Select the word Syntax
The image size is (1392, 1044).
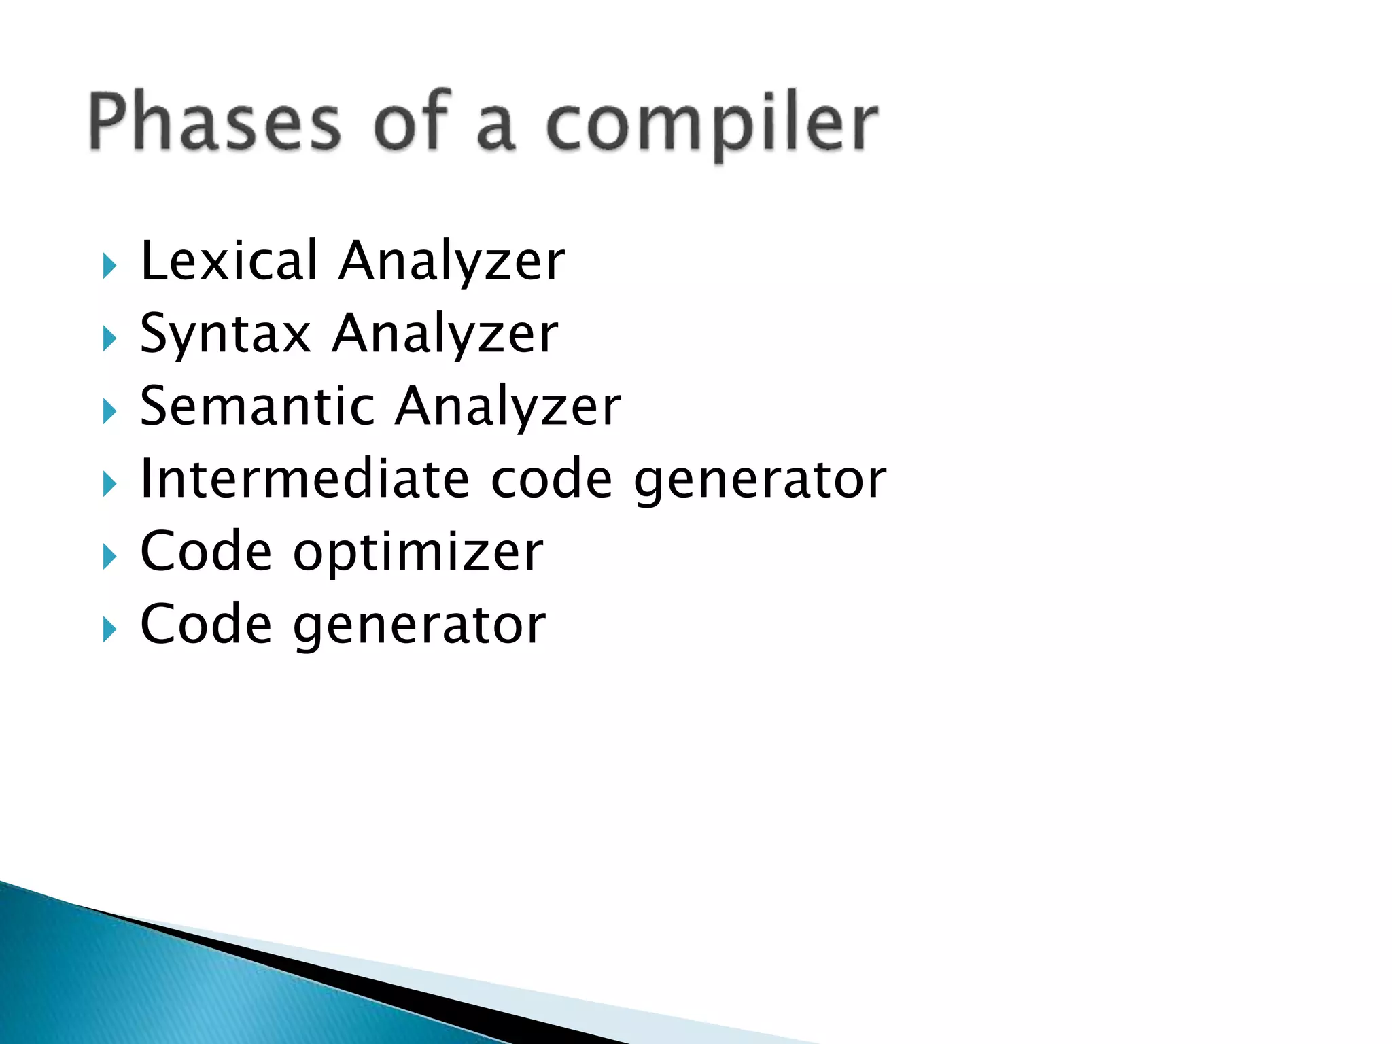coord(225,334)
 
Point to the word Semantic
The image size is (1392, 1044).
coord(257,406)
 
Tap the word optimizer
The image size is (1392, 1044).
coord(418,552)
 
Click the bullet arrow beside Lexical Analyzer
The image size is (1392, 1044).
coord(109,266)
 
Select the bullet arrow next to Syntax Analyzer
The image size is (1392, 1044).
coord(109,338)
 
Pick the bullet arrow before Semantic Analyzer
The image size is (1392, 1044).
coord(109,411)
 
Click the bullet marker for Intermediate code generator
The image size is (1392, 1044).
coord(109,484)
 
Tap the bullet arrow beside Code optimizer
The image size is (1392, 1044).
coord(109,557)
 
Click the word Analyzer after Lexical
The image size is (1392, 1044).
coord(452,262)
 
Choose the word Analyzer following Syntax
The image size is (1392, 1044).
coord(445,335)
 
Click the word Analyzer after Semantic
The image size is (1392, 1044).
coord(508,407)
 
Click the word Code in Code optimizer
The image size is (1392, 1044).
coord(206,552)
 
